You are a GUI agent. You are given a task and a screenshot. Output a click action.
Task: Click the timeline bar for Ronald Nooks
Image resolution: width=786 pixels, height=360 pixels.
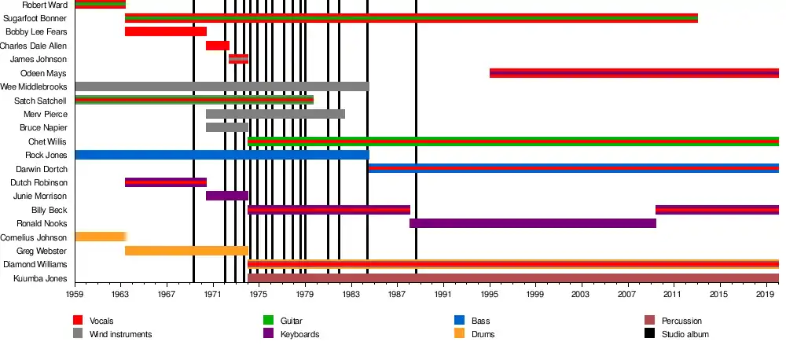532,223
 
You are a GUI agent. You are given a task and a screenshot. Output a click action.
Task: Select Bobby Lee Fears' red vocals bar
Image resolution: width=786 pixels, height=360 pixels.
165,31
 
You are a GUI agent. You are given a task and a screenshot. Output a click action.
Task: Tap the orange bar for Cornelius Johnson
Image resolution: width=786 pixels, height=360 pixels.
100,237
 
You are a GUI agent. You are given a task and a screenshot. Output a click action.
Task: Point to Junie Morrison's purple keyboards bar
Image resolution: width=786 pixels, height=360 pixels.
226,196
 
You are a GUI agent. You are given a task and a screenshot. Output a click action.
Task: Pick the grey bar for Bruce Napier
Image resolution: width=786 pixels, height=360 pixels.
226,127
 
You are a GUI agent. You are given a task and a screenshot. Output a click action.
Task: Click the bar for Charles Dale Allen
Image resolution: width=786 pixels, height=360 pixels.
217,46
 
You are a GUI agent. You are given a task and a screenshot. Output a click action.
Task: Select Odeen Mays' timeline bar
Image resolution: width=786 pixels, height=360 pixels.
634,73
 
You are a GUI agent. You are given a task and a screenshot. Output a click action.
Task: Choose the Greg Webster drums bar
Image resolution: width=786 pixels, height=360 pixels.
186,251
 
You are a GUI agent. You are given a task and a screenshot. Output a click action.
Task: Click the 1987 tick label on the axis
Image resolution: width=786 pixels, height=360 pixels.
398,294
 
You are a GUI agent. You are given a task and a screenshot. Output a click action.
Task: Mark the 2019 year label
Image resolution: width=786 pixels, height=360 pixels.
766,294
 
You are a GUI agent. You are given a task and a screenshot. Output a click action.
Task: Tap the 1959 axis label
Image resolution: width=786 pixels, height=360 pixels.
75,294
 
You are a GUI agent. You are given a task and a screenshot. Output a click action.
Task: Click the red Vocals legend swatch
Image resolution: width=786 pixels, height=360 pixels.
78,321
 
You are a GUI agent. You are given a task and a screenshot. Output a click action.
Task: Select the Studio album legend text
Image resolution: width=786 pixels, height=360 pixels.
685,335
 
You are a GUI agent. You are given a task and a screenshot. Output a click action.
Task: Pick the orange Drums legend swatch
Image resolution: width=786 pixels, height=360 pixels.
460,334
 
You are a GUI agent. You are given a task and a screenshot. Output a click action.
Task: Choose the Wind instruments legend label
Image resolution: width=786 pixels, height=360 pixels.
120,335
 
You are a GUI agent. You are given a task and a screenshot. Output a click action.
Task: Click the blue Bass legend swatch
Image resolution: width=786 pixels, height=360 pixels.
460,321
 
